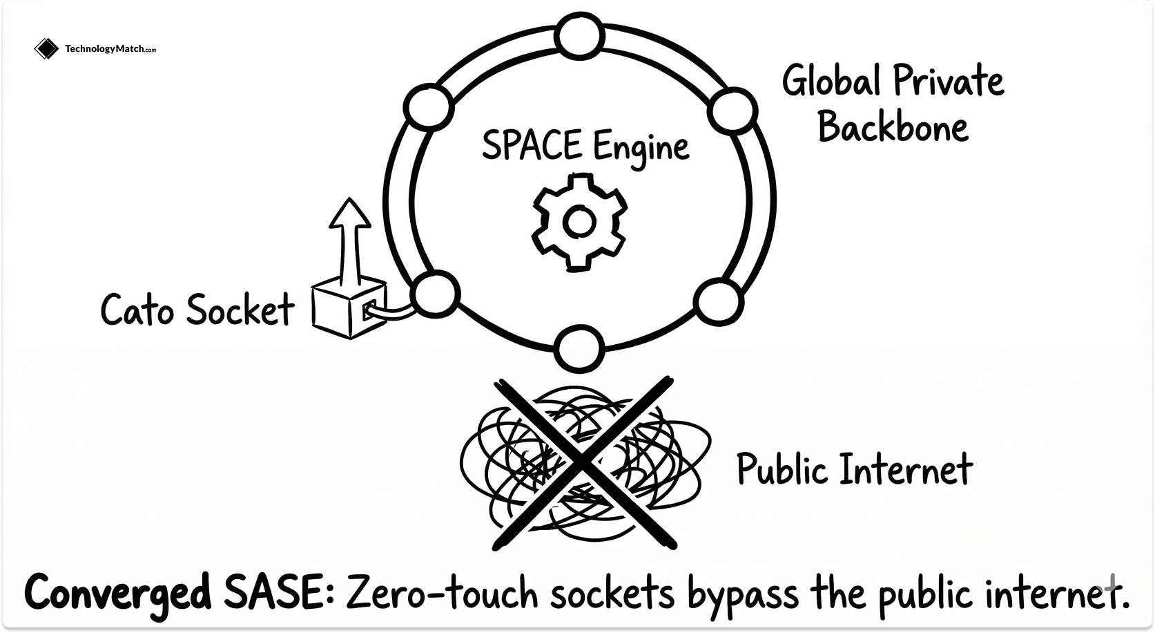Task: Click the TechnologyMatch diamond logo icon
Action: pos(46,48)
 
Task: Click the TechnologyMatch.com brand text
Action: pos(110,49)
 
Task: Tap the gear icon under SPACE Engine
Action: pos(579,222)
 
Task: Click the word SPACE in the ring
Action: pos(532,145)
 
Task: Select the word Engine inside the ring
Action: pos(641,148)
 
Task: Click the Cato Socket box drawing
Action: pos(348,308)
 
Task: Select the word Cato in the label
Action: pos(137,310)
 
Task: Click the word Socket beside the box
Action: pos(240,310)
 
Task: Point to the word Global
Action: pos(831,81)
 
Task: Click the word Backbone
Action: pos(893,128)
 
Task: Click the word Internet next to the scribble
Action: pos(906,469)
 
